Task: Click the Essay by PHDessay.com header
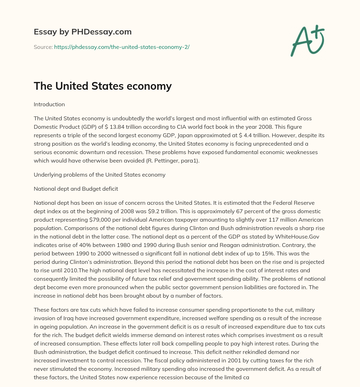tap(83, 32)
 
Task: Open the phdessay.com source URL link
tap(122, 47)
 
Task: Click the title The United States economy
tap(103, 86)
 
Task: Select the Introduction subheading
tap(49, 104)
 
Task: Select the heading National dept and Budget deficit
tap(76, 189)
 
